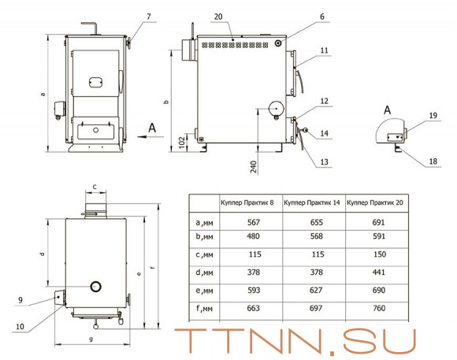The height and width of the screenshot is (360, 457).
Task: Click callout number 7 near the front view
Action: coord(149,17)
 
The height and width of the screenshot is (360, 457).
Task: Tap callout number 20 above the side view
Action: coord(218,17)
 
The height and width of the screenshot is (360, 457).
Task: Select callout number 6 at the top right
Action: coord(321,17)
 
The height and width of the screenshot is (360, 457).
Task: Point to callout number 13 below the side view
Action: coord(324,161)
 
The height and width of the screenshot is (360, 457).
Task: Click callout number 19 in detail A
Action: coord(433,116)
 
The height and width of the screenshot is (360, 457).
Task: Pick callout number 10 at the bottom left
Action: coord(20,326)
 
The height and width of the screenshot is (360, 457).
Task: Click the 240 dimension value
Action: coord(254,167)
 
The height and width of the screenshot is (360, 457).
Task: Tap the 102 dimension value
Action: coord(181,143)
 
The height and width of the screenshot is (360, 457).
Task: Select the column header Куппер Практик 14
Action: coord(312,202)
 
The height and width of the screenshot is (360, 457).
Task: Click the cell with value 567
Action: coord(253,222)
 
